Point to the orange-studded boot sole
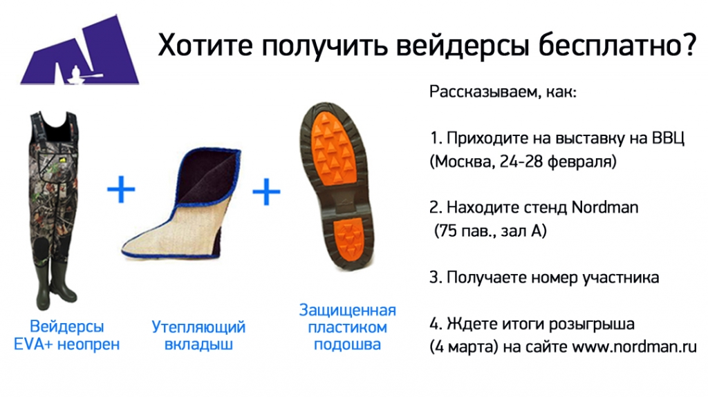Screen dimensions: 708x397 337,186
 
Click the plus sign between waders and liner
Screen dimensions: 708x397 121,189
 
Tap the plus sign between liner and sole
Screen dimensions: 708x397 266,191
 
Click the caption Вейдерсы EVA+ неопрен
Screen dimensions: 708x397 67,335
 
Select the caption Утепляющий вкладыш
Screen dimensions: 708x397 198,335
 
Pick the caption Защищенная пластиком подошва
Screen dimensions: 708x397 347,327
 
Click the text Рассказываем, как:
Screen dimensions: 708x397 503,92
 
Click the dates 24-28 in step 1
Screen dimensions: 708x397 521,162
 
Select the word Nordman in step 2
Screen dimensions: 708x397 605,208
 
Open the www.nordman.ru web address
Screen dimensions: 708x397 635,347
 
